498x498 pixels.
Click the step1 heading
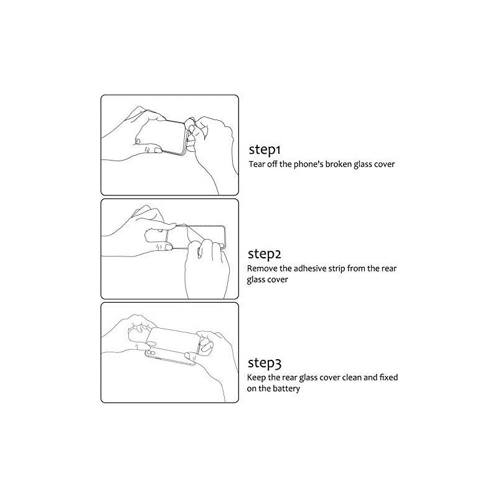pyautogui.click(x=265, y=150)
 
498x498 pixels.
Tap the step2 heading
pyautogui.click(x=264, y=254)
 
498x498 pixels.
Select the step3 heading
pyautogui.click(x=264, y=363)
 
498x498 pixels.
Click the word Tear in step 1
pyautogui.click(x=256, y=164)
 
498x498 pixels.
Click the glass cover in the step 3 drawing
pyautogui.click(x=174, y=340)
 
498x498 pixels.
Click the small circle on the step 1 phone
pyautogui.click(x=137, y=141)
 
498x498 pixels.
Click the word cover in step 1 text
pyautogui.click(x=384, y=164)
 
